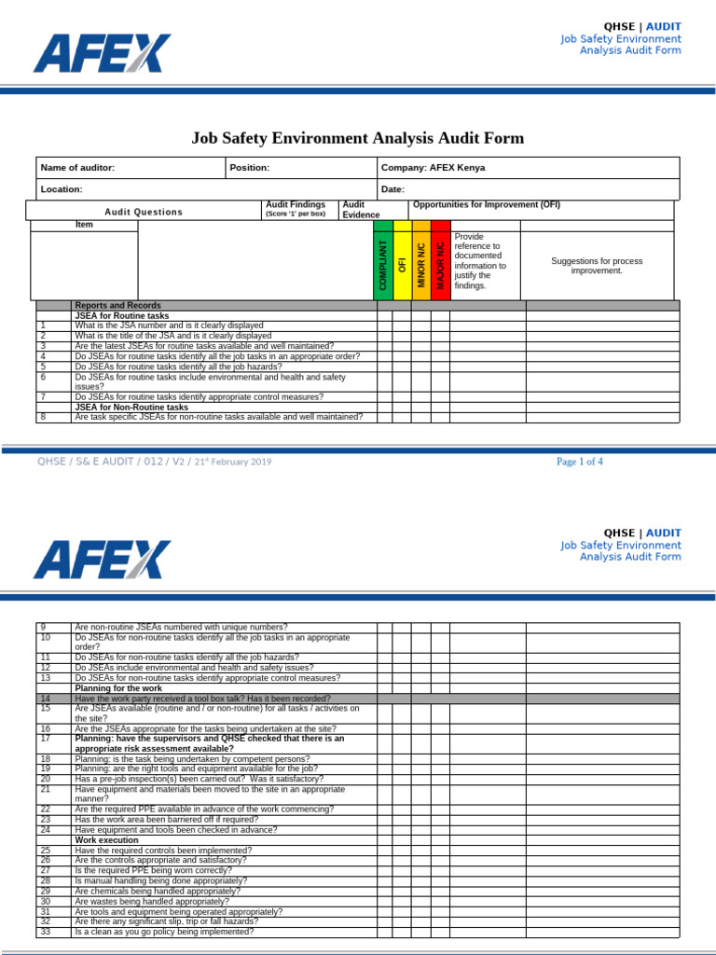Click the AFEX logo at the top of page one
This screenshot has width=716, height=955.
coord(103,53)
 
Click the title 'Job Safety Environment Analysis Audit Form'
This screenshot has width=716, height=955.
coord(358,139)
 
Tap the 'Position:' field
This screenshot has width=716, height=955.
coord(250,168)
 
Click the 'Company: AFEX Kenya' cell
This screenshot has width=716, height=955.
coord(433,168)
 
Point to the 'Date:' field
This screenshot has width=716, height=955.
coord(392,189)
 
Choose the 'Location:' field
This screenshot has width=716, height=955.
coord(62,189)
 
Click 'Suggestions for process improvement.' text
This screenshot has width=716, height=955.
coord(597,266)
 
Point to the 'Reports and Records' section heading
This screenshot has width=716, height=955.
coord(117,306)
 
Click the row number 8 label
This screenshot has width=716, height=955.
coord(43,417)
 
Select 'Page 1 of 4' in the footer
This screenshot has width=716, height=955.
coord(580,462)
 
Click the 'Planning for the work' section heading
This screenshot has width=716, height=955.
coord(117,688)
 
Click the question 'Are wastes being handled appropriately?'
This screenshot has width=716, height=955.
coord(151,902)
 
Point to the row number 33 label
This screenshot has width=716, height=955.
coord(45,932)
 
